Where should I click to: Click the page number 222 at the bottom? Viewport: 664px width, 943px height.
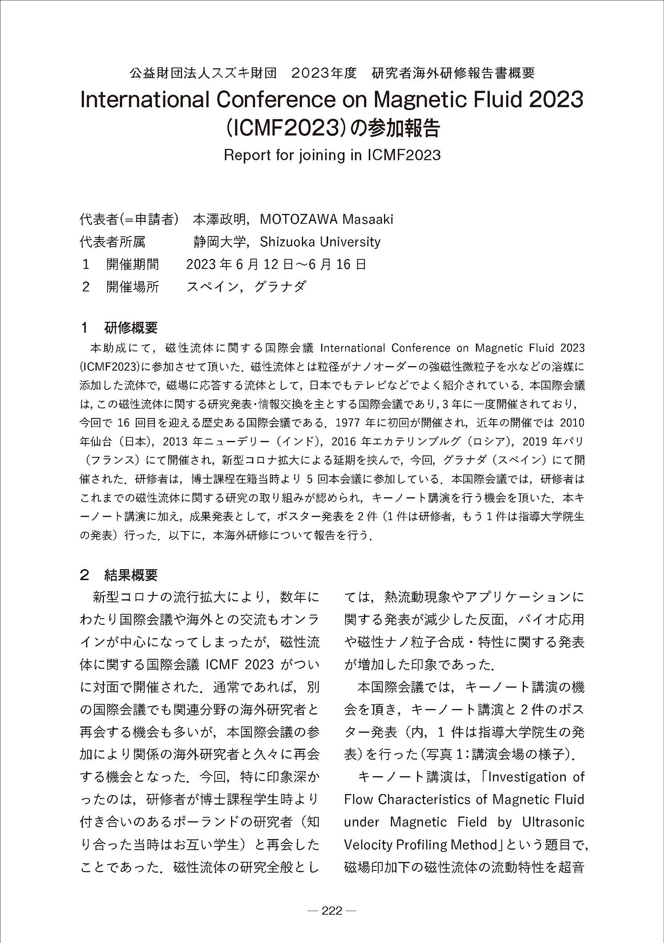[x=332, y=911]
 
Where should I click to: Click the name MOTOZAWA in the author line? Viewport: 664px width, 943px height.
[x=299, y=219]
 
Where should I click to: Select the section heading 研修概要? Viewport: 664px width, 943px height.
[x=131, y=327]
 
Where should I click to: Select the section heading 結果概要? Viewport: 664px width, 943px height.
[x=131, y=574]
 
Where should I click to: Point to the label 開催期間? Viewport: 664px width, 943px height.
[x=133, y=265]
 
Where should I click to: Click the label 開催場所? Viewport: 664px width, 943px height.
[x=133, y=287]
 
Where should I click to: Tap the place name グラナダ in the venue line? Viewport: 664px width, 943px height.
[x=280, y=287]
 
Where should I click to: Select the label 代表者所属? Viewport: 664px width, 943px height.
[x=113, y=242]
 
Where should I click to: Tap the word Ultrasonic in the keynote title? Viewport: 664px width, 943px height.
[x=553, y=822]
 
